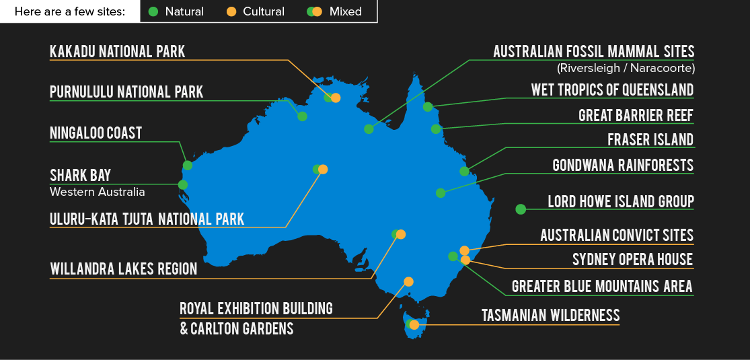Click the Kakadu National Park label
[x=117, y=52]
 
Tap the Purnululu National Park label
[x=126, y=92]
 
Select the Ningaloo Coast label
[x=96, y=133]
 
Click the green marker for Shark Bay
[x=183, y=184]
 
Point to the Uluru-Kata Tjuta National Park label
[x=147, y=219]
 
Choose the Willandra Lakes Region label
[x=124, y=269]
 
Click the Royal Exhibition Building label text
[x=256, y=309]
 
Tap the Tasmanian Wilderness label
[x=550, y=315]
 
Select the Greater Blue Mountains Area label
[x=602, y=287]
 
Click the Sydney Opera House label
[x=632, y=260]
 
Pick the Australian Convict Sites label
[x=617, y=235]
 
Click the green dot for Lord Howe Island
[x=521, y=209]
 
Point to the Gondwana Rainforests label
[x=622, y=165]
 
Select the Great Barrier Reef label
[x=636, y=115]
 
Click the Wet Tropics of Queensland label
[x=612, y=89]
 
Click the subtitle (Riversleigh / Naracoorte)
[x=626, y=68]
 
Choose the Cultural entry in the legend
[x=256, y=11]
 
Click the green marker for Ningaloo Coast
[x=188, y=166]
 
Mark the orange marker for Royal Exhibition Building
[x=408, y=282]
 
